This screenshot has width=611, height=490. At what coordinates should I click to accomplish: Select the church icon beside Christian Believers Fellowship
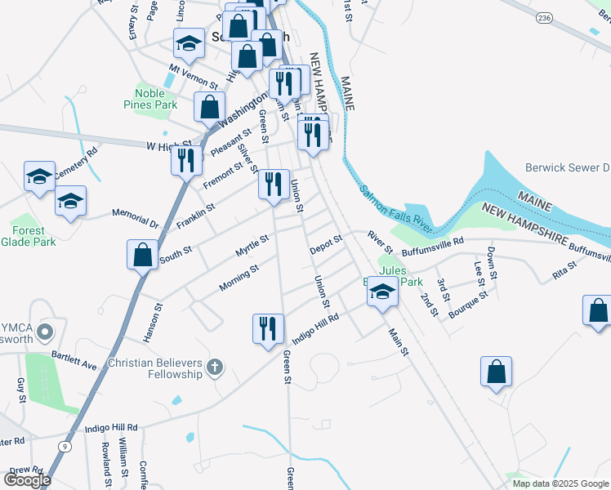point(215,367)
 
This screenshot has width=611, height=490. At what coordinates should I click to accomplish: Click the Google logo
point(27,480)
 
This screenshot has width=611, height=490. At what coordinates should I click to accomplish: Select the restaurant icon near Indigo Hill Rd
point(268,329)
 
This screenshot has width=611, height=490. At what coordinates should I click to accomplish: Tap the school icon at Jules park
point(381,292)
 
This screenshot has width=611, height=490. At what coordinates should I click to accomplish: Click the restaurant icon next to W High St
point(186,160)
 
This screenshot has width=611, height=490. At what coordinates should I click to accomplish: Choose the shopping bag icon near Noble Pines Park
point(210,106)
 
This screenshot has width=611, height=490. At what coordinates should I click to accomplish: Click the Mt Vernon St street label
point(194,78)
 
